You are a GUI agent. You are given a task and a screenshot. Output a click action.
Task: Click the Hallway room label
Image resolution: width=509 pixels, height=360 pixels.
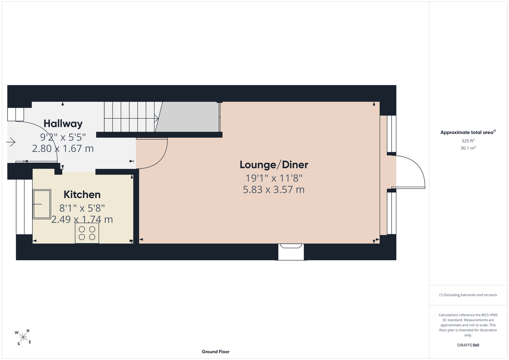pos(63,124)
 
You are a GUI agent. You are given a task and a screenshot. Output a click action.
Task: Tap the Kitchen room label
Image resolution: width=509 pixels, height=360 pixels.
pos(82,195)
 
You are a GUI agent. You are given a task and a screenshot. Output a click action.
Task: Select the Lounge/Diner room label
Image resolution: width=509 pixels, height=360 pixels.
pos(274,165)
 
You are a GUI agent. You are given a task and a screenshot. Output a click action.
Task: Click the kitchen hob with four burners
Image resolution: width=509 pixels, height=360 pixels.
pos(87,233)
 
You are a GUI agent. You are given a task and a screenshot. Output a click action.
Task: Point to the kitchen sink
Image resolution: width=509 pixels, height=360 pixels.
pos(42,204)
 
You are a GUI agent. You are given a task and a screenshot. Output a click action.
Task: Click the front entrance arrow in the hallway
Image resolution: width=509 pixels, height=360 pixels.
pos(11,143)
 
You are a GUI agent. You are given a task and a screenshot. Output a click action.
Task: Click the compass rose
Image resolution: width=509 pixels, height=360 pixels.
pos(23,337)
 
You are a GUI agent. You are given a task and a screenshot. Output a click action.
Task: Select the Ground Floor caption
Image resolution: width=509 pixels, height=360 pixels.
pos(216,352)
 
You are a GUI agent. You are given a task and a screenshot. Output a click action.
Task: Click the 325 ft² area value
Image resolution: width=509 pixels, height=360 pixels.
pos(468,141)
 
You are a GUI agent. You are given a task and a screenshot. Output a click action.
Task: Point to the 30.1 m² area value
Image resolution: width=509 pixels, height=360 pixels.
pos(468,148)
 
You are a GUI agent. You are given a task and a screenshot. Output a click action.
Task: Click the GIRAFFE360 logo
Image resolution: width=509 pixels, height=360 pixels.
pos(468,345)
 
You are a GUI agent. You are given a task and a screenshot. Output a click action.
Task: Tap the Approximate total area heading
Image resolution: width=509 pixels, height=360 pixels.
pos(468,132)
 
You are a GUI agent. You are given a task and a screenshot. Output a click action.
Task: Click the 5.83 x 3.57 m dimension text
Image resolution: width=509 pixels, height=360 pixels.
pos(273,190)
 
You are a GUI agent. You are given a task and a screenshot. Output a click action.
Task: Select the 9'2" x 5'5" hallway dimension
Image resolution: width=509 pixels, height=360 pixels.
pos(63,137)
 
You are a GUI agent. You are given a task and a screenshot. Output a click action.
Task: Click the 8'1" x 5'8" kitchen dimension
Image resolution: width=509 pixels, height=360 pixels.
pos(82,208)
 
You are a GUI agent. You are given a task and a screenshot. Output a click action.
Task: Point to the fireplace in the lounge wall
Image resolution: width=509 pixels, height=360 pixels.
pos(291,252)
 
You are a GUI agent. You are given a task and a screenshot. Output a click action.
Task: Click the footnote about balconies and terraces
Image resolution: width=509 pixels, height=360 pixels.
pos(468,295)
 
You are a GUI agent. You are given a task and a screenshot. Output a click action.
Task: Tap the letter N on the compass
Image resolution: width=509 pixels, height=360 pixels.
pos(28,331)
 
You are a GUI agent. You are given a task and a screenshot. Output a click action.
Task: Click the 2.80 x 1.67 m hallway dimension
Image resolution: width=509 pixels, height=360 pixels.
pos(63,149)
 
